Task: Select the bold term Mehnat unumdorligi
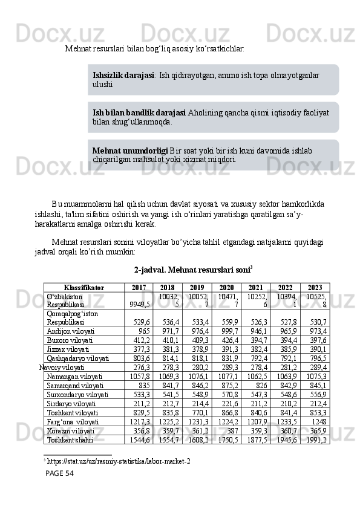(130, 150)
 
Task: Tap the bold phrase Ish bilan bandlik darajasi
(139, 112)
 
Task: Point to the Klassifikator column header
(84, 288)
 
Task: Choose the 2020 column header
(226, 288)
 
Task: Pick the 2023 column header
(315, 288)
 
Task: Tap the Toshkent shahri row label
(70, 440)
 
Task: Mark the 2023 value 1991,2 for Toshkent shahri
(316, 440)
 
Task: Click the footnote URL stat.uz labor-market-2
(119, 462)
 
